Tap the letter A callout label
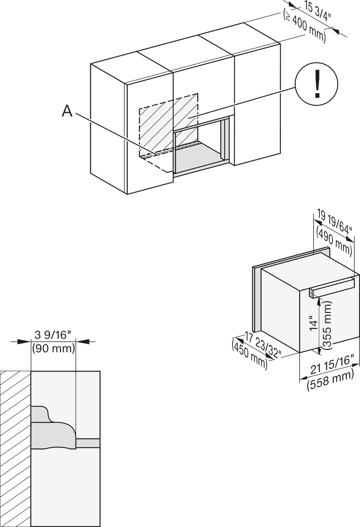tap(67, 111)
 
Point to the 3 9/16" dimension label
tap(53, 335)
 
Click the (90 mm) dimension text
tap(53, 349)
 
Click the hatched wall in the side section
tap(15, 448)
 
